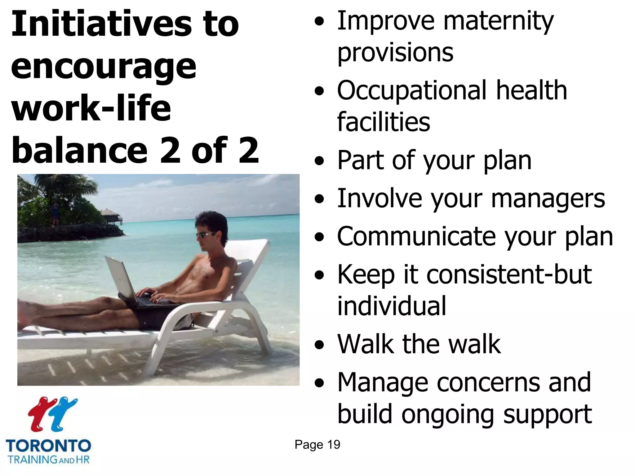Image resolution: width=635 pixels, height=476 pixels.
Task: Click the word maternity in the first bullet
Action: coord(498,21)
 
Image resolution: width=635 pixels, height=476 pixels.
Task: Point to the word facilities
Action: coord(384,122)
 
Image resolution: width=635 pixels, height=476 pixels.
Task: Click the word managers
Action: coord(548,199)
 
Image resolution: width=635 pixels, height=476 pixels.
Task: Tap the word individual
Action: coord(392,306)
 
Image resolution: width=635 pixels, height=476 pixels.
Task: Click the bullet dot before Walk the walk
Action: coord(319,345)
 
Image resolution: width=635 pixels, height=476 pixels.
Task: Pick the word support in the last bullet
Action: coord(547,414)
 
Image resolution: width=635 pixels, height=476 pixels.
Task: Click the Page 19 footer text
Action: coord(317,445)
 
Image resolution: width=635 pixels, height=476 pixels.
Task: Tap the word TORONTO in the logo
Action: coord(48,446)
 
